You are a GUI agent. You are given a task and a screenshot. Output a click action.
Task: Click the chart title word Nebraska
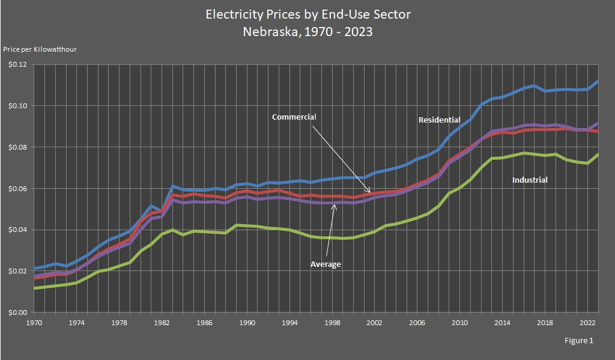pyautogui.click(x=267, y=32)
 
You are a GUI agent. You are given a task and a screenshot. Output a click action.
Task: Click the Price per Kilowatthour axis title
pyautogui.click(x=40, y=49)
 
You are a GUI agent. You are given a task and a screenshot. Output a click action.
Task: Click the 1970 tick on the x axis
pyautogui.click(x=34, y=323)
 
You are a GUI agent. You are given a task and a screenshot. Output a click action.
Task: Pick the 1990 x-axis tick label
pyautogui.click(x=246, y=323)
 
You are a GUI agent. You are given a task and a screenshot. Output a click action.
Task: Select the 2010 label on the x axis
pyautogui.click(x=459, y=323)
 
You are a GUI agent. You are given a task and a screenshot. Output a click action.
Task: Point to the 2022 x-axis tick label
pyautogui.click(x=587, y=323)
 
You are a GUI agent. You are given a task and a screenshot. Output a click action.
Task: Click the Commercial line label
pyautogui.click(x=294, y=117)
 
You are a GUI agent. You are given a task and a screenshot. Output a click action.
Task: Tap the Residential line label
pyautogui.click(x=439, y=120)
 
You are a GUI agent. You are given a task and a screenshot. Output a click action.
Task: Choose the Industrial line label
pyautogui.click(x=530, y=180)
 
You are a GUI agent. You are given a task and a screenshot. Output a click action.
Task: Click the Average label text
pyautogui.click(x=326, y=264)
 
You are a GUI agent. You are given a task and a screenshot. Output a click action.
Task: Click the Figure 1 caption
pyautogui.click(x=578, y=341)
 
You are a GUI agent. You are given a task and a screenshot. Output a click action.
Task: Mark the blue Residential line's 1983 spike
pyautogui.click(x=172, y=186)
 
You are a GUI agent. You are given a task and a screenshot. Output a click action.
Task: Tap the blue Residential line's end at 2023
pyautogui.click(x=598, y=81)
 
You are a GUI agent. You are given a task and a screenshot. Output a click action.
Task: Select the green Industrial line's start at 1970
pyautogui.click(x=34, y=288)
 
